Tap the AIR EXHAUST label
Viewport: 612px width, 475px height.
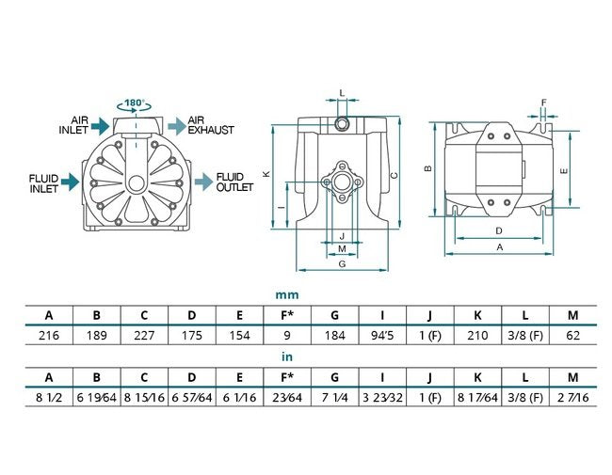point(210,126)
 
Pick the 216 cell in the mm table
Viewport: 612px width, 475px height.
point(48,335)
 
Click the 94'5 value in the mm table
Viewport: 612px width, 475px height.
point(383,335)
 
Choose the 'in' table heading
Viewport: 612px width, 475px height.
point(288,358)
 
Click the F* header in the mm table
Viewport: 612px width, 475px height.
point(287,313)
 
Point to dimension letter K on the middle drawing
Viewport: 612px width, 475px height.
point(266,174)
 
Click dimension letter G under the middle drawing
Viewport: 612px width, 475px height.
point(342,264)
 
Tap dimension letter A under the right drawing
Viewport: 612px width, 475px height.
point(499,246)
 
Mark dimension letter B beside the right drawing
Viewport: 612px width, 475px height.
point(428,169)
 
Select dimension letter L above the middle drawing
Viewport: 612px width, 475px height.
point(342,93)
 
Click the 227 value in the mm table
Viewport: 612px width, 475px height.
point(144,335)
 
